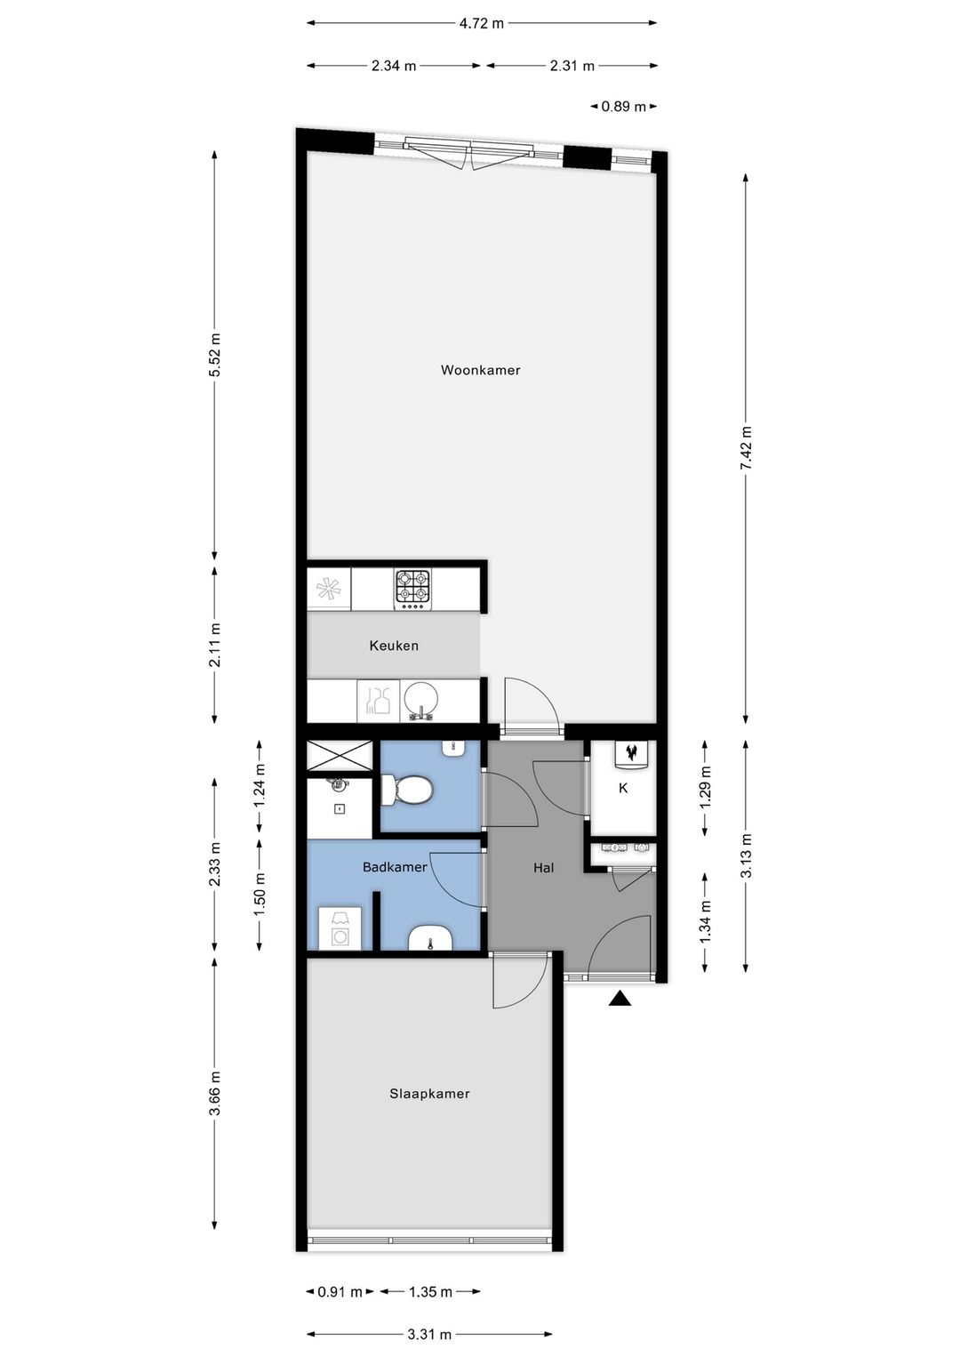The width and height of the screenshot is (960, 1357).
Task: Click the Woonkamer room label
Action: coord(480,370)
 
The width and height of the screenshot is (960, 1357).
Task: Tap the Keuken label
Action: coord(394,646)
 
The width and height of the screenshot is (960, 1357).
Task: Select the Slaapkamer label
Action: coord(429,1094)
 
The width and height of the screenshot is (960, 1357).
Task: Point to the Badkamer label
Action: coord(395,867)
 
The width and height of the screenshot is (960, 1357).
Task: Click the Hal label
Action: coord(543,868)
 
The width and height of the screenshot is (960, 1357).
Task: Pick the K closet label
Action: coord(623,788)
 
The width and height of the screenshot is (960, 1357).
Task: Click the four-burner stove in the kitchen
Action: coord(413,588)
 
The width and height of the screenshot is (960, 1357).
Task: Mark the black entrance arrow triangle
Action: coord(620,999)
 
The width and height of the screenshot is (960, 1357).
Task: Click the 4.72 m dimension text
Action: coord(481,24)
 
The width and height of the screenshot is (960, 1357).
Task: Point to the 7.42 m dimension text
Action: coord(746,448)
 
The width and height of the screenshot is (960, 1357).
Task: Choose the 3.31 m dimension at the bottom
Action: coord(429,1334)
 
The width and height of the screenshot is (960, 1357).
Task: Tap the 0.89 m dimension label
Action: coord(623,107)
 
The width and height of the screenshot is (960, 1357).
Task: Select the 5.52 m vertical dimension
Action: coord(214,354)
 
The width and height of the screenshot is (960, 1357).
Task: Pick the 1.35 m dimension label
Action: coord(430,1291)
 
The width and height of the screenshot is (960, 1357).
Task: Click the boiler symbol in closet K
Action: coord(632,754)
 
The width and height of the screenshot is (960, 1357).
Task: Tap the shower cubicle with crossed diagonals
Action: coord(339,757)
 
